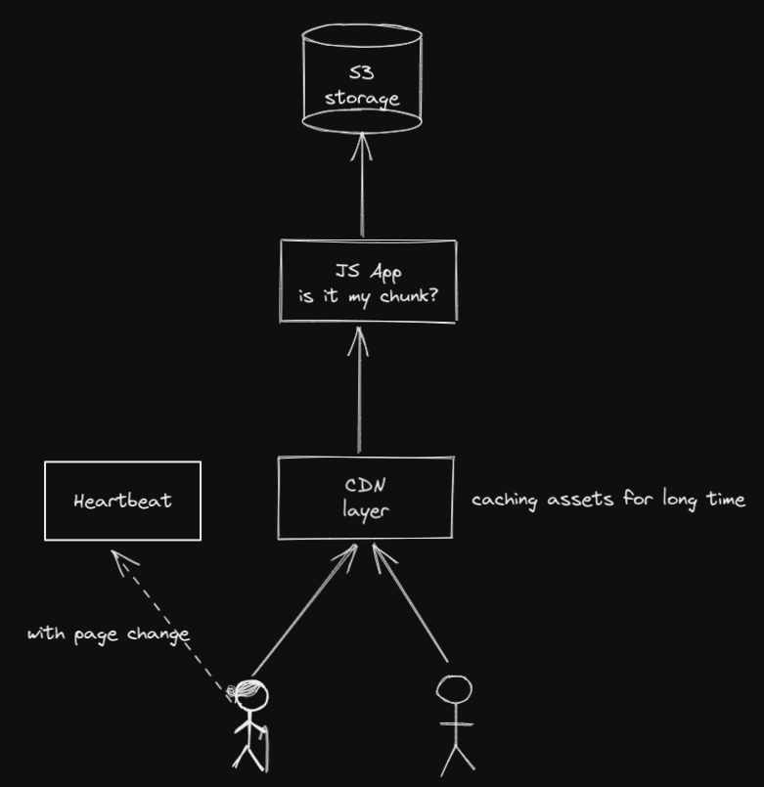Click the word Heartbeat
tap(122, 501)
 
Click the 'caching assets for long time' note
tap(607, 500)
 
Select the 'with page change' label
tap(108, 634)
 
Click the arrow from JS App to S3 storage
tap(362, 186)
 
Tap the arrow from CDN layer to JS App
tap(359, 391)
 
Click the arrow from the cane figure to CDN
tap(303, 611)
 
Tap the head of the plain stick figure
tap(454, 690)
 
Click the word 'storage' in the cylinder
tap(362, 98)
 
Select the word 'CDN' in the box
tap(365, 485)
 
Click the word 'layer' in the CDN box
tap(365, 510)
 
